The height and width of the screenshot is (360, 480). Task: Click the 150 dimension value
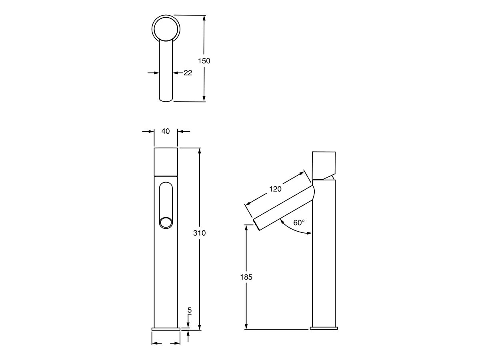(204, 61)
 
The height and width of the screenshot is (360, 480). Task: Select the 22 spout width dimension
(188, 73)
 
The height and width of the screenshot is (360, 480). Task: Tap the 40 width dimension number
(166, 131)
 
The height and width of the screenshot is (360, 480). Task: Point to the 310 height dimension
(199, 233)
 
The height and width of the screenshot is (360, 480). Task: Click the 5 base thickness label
(190, 310)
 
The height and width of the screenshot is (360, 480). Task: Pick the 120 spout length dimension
(275, 189)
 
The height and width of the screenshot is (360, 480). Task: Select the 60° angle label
(299, 223)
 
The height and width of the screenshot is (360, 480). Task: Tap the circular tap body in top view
(166, 28)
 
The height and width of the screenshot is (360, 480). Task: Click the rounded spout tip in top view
(166, 98)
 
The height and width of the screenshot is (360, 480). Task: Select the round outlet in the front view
(166, 222)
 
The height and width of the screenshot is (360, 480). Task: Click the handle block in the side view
(323, 165)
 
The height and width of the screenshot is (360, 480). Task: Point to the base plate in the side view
(324, 328)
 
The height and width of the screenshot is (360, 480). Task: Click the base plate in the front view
(166, 328)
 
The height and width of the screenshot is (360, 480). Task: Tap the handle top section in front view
(166, 162)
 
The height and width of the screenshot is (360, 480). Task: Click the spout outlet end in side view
(256, 225)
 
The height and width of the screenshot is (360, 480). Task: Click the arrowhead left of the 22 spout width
(156, 73)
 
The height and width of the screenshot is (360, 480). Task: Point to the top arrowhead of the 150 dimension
(204, 18)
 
